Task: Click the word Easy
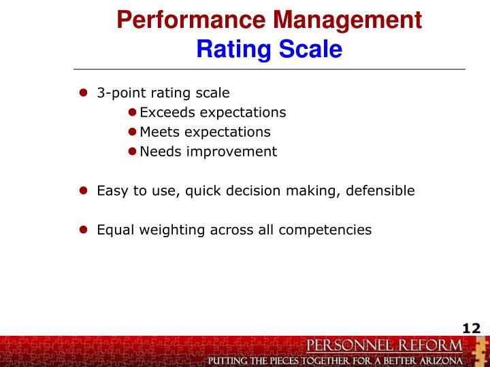coord(111,190)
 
